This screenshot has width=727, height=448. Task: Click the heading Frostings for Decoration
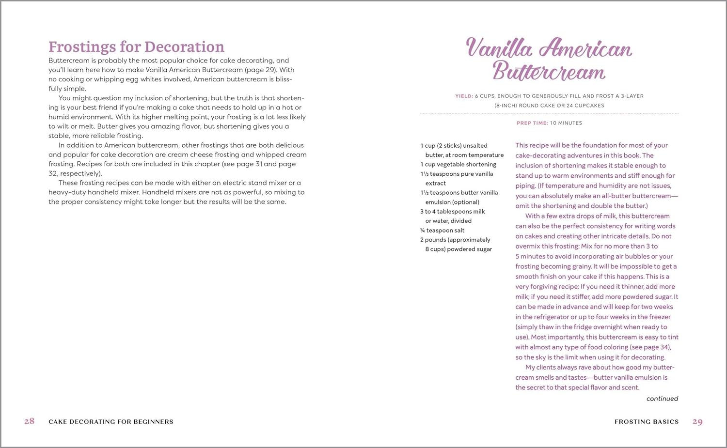tap(136, 47)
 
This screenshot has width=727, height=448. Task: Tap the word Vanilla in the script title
tap(499, 48)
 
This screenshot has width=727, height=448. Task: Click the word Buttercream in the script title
tap(549, 72)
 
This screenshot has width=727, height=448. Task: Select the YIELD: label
tap(464, 96)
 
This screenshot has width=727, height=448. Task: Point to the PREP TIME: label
tap(532, 123)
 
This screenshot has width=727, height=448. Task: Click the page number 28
tap(30, 421)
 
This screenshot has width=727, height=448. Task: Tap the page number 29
tap(697, 422)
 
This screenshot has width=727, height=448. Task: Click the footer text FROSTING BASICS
tap(647, 422)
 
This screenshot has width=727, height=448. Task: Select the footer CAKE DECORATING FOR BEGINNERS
tap(111, 422)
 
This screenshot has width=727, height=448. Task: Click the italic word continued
tap(662, 399)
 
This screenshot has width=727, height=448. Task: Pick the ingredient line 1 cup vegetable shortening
tap(458, 164)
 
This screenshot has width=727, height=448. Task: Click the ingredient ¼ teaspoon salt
tap(443, 231)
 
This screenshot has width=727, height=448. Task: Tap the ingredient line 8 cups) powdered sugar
tap(458, 249)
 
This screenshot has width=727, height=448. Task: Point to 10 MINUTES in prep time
tap(566, 123)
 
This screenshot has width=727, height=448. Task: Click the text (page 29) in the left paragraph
tap(261, 70)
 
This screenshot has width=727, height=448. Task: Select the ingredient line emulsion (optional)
tap(452, 202)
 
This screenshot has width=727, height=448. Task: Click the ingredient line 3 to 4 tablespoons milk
tap(453, 212)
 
